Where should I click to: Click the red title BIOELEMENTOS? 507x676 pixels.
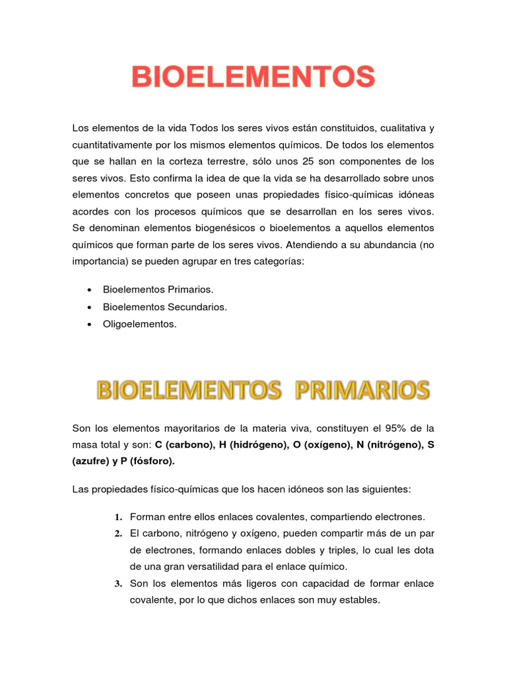253,78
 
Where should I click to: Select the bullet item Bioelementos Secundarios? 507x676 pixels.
165,307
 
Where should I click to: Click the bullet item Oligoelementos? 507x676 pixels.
140,324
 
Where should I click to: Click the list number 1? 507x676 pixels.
118,516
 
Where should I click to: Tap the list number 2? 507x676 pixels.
118,533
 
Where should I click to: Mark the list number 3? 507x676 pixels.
118,584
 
